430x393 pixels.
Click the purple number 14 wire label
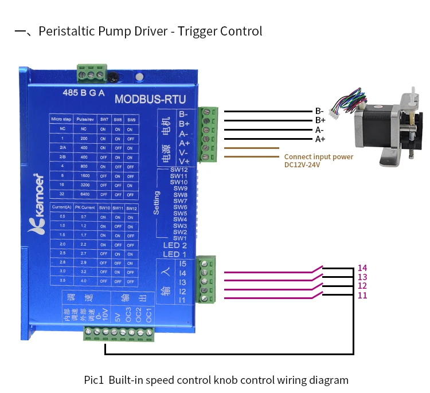click(x=362, y=268)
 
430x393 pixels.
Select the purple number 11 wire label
click(x=362, y=296)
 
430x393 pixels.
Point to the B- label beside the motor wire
click(x=319, y=111)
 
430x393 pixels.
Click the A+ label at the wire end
click(x=320, y=139)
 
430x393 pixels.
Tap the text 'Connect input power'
click(x=319, y=156)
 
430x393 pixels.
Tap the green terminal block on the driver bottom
click(x=118, y=333)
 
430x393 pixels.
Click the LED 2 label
click(x=175, y=245)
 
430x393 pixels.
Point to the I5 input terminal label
click(x=182, y=264)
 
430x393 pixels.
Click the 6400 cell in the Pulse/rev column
click(x=84, y=195)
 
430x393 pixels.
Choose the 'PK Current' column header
click(x=84, y=207)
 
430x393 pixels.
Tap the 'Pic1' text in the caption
click(x=93, y=380)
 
